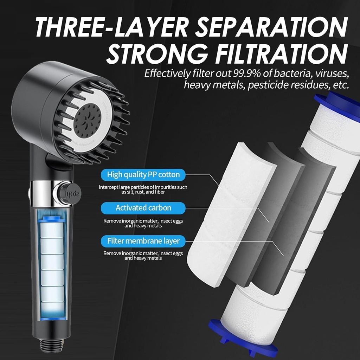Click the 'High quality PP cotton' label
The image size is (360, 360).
tap(143, 174)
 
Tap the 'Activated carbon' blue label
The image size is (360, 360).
tap(143, 208)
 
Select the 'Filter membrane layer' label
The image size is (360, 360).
tap(143, 241)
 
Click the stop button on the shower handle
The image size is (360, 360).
tap(67, 194)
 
